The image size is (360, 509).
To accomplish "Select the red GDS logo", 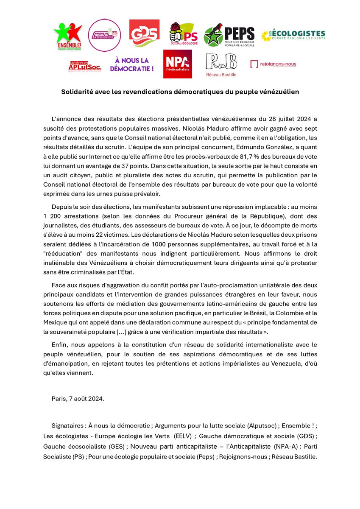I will click(144, 33).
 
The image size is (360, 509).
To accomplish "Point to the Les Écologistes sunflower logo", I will click(293, 35).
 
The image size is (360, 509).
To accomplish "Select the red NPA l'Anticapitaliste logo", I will click(177, 64).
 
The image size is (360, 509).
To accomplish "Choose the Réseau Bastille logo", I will click(221, 65).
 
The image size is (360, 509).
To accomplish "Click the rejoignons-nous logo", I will click(273, 64).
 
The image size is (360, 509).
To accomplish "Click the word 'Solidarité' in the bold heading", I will click(77, 92).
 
